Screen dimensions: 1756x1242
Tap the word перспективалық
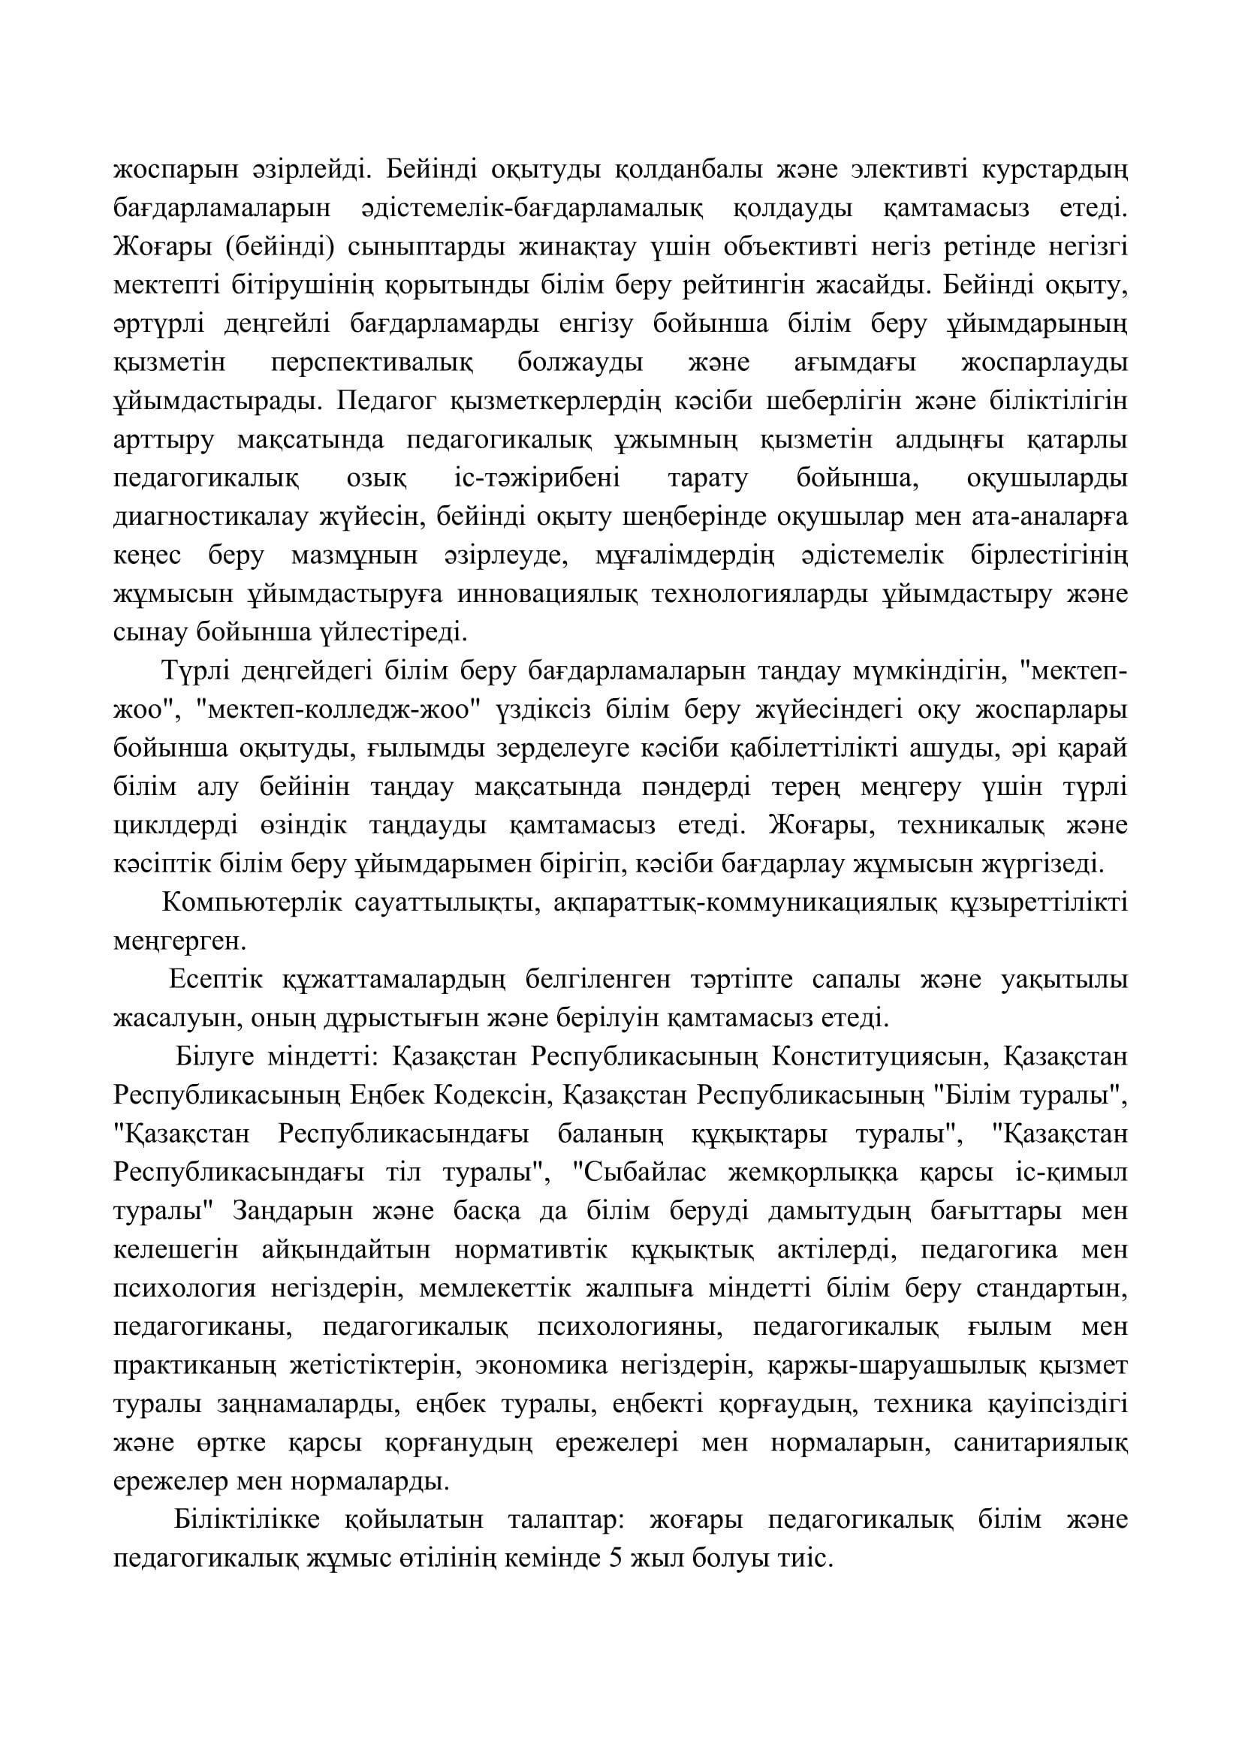pyautogui.click(x=372, y=363)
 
